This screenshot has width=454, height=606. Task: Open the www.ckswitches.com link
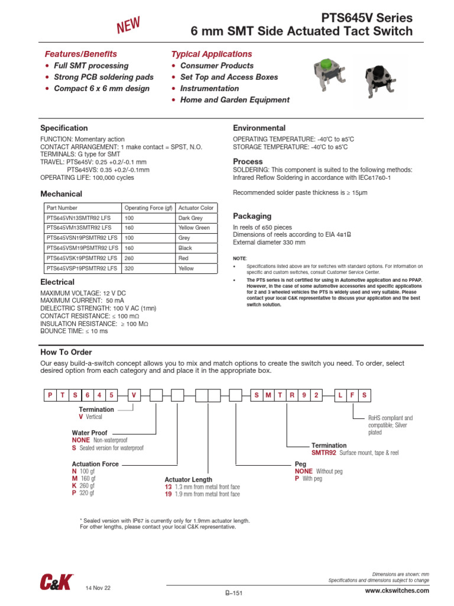[397, 591]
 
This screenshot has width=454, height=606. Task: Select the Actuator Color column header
[196, 208]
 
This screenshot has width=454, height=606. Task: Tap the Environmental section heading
[259, 128]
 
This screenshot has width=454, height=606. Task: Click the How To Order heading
[66, 352]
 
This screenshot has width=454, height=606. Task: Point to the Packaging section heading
[252, 217]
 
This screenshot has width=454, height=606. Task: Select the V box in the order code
[134, 395]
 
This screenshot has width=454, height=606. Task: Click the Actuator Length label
[188, 479]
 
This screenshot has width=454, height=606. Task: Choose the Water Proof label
[90, 433]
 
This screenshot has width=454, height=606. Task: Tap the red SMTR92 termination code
[323, 453]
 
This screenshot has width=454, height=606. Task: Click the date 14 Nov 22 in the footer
[98, 588]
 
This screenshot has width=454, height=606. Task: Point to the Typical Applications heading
[211, 54]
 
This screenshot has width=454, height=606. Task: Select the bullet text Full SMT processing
[91, 66]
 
